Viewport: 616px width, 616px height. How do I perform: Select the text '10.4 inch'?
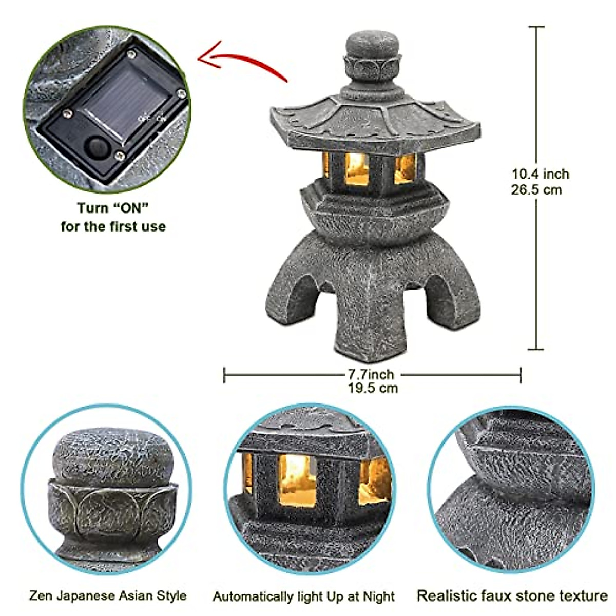(x=541, y=174)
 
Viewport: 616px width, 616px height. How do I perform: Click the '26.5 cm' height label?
(x=536, y=190)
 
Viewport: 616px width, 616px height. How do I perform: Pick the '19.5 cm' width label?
(x=372, y=388)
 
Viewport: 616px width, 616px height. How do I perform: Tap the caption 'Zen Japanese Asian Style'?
(x=107, y=596)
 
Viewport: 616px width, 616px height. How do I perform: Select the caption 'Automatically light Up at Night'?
(x=304, y=597)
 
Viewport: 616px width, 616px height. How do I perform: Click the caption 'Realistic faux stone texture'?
(x=512, y=596)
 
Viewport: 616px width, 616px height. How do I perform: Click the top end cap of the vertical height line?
(x=536, y=27)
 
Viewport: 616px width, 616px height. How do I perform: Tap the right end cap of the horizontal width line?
(x=521, y=375)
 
